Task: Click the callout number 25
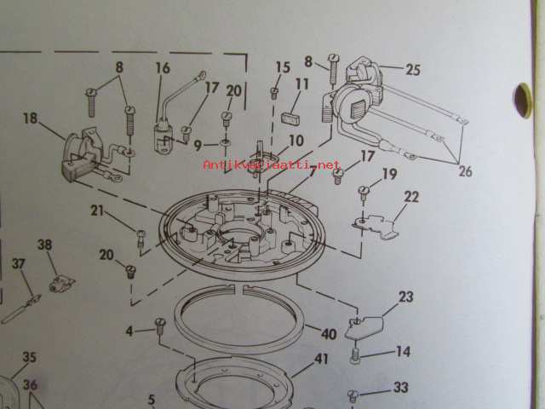click(413, 70)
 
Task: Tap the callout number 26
click(466, 171)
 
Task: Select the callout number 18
click(30, 118)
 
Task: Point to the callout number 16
click(163, 68)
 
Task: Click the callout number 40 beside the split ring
click(329, 334)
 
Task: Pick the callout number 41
click(321, 359)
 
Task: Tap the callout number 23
click(405, 297)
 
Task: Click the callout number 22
click(411, 197)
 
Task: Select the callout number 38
click(45, 245)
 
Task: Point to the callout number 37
click(19, 263)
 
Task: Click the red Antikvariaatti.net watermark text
click(272, 164)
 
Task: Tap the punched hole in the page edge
click(522, 101)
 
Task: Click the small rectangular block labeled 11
click(290, 118)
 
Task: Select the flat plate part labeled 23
click(365, 327)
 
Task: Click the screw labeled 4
click(160, 325)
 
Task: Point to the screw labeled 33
click(353, 395)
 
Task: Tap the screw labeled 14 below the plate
click(355, 355)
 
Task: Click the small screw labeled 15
click(274, 93)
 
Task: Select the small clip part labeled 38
click(61, 284)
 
